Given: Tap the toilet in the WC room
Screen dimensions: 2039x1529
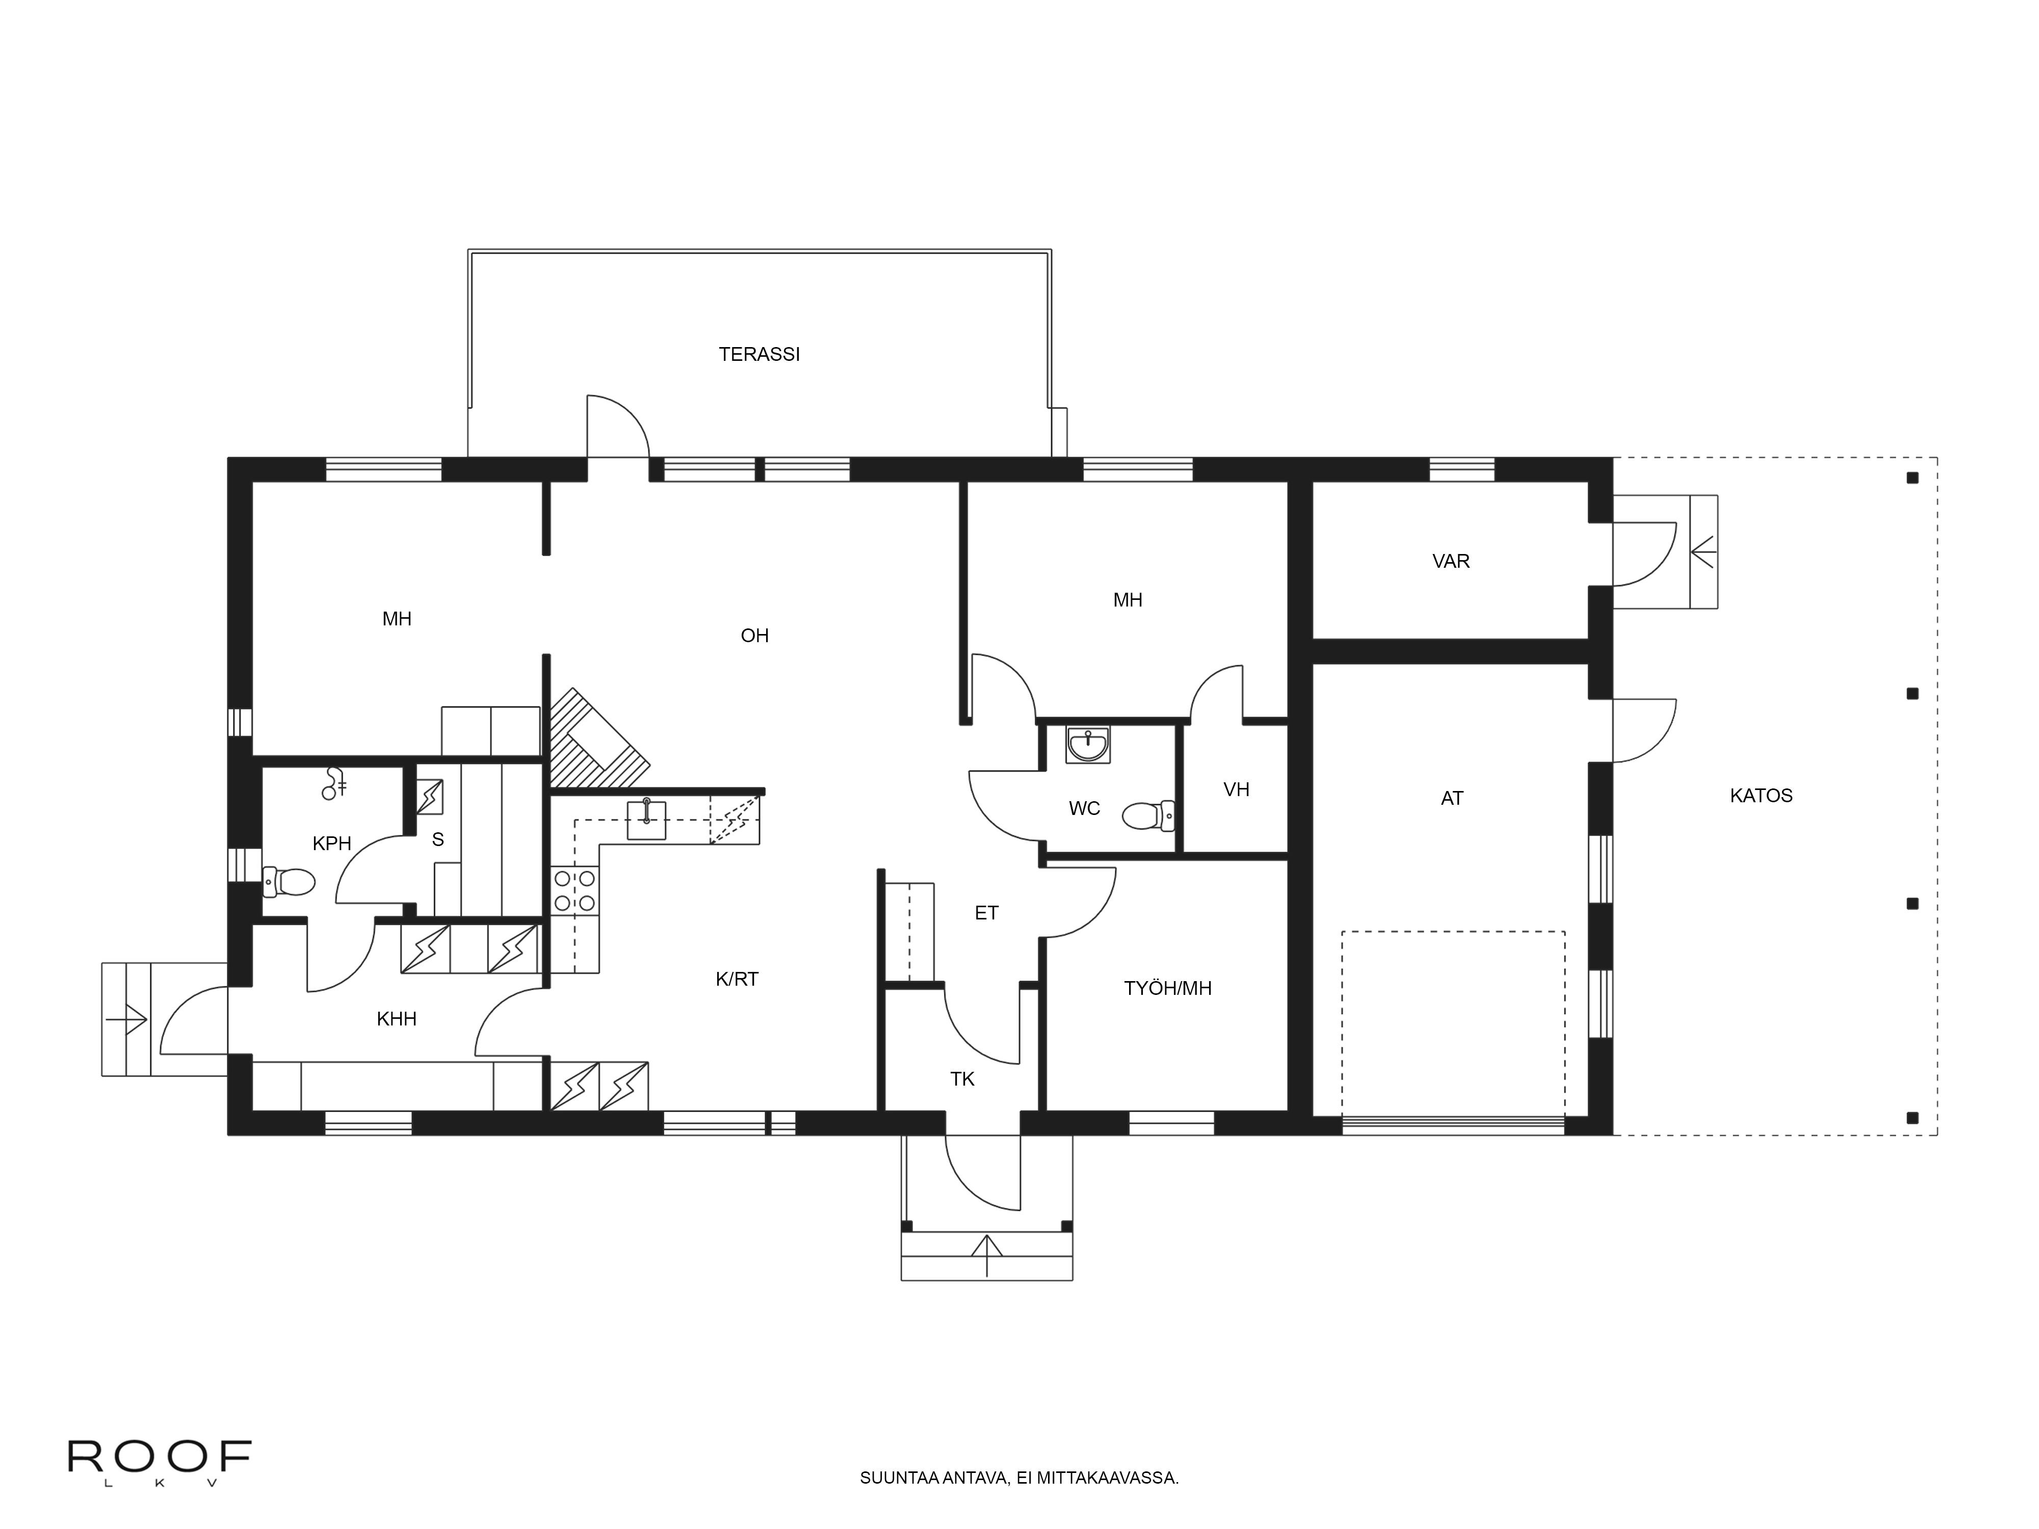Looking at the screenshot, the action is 1147,815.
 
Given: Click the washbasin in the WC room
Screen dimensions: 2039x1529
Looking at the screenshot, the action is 1089,745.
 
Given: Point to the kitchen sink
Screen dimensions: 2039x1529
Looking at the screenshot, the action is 647,820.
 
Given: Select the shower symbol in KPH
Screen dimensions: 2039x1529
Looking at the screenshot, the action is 333,783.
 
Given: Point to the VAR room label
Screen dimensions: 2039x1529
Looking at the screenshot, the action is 1451,561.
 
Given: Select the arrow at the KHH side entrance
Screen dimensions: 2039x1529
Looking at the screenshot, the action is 127,1018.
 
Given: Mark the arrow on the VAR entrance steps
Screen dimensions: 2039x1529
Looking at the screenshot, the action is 1703,552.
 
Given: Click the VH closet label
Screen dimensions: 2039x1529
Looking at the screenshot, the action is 1236,789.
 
